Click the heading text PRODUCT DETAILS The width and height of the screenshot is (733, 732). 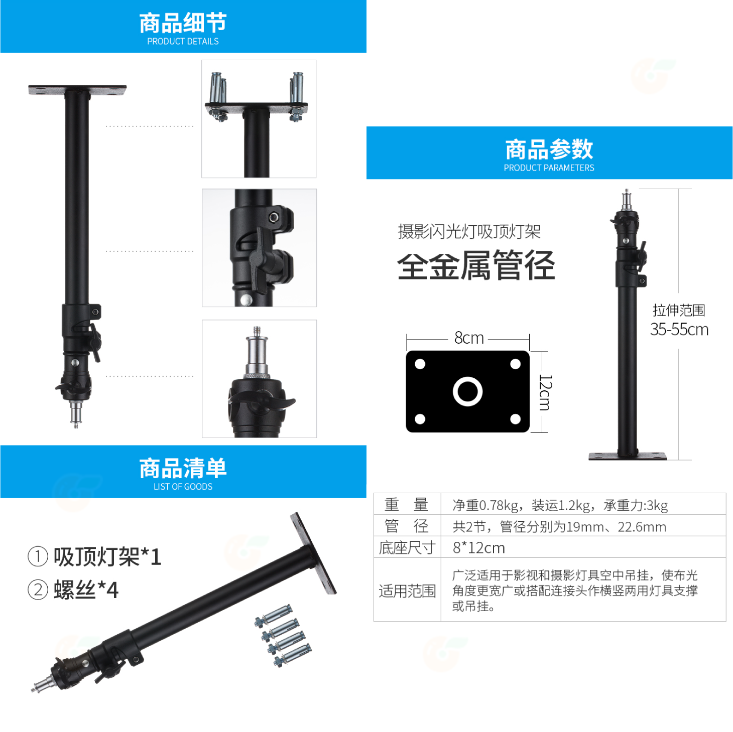click(183, 42)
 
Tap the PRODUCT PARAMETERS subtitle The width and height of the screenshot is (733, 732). click(549, 168)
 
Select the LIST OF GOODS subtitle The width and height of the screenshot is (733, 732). click(183, 487)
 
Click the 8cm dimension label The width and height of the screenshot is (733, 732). click(469, 338)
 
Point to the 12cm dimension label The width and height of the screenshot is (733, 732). click(545, 392)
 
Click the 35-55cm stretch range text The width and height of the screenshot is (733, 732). click(679, 330)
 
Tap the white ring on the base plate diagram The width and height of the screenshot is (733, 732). click(467, 391)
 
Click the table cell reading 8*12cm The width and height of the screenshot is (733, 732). click(478, 548)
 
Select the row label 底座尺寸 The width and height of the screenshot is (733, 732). click(407, 548)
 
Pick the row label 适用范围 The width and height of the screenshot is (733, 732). click(407, 591)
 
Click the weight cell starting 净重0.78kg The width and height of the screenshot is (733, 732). click(560, 505)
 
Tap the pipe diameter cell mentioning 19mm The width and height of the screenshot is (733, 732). click(559, 527)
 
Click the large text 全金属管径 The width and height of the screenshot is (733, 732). click(476, 265)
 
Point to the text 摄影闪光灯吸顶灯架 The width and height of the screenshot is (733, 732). click(469, 232)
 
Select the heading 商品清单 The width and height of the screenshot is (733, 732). click(183, 469)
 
